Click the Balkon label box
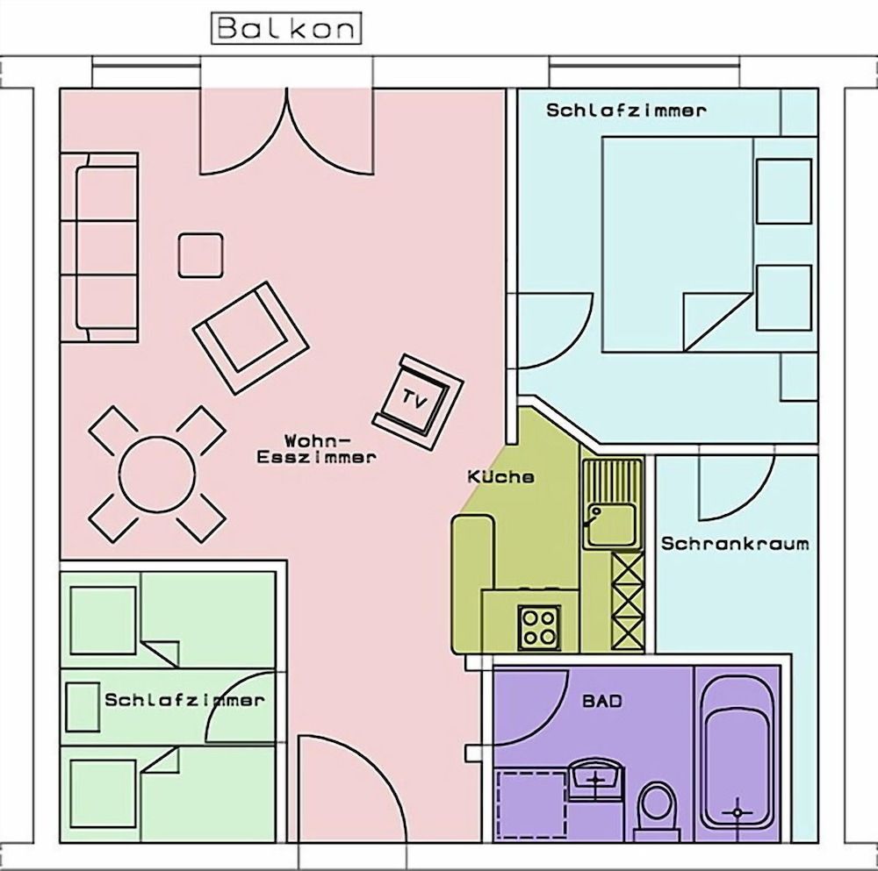pyautogui.click(x=286, y=29)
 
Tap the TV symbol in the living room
pyautogui.click(x=418, y=401)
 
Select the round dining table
pyautogui.click(x=157, y=475)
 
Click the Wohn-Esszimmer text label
pyautogui.click(x=316, y=447)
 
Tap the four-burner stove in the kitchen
pyautogui.click(x=539, y=627)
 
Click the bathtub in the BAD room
pyautogui.click(x=737, y=756)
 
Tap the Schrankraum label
pyautogui.click(x=735, y=543)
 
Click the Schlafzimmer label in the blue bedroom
pyautogui.click(x=626, y=111)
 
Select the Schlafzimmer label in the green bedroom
pyautogui.click(x=184, y=700)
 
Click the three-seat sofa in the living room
pyautogui.click(x=99, y=246)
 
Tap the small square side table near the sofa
pyautogui.click(x=200, y=255)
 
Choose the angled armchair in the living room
pyautogui.click(x=250, y=338)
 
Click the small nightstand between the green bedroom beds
pyautogui.click(x=83, y=707)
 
